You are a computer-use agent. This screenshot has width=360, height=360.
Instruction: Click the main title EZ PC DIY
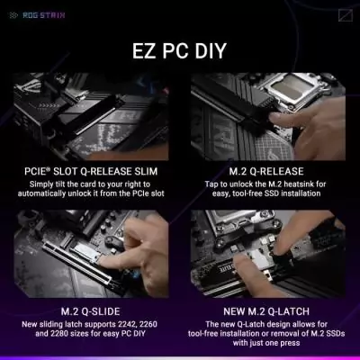(x=180, y=48)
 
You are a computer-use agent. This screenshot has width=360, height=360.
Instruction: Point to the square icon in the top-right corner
(x=345, y=13)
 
